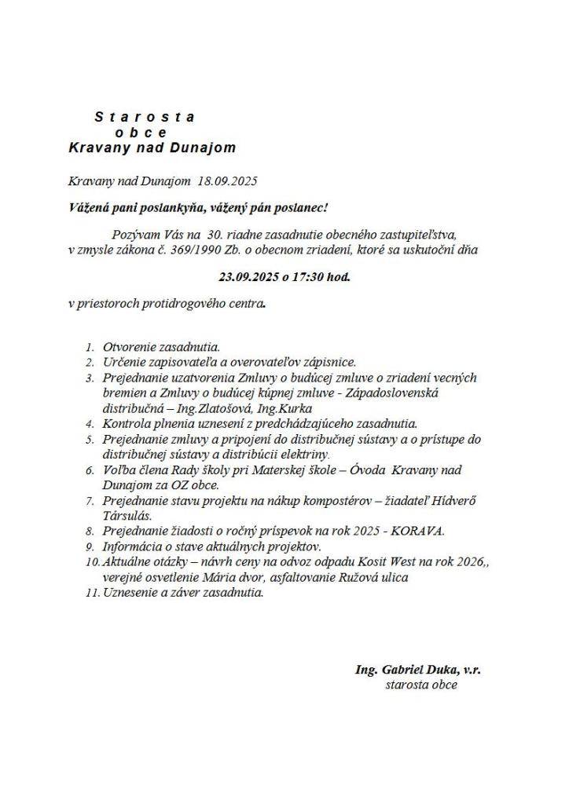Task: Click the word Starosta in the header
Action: tap(145, 117)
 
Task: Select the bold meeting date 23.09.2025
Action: tap(248, 277)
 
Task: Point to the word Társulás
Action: tap(127, 516)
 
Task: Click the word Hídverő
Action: tap(442, 500)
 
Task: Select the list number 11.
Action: tap(89, 593)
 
